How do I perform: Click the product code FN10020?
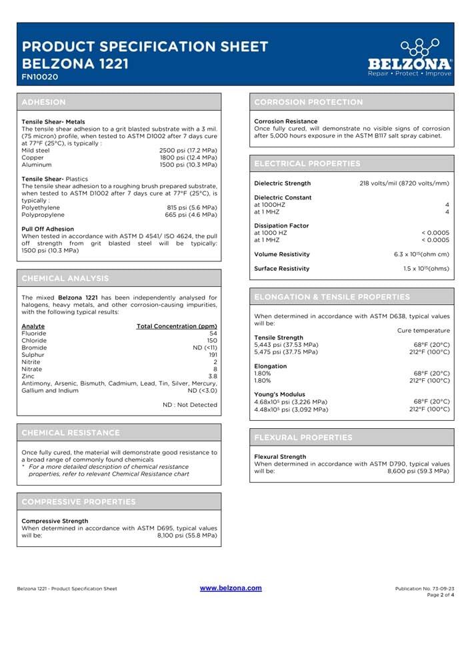coord(40,77)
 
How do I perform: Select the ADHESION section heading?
coord(44,102)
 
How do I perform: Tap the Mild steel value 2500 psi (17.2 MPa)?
coord(188,151)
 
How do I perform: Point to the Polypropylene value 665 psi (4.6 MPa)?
coord(191,215)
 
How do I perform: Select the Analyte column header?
coord(33,326)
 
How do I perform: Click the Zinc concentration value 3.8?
coord(213,376)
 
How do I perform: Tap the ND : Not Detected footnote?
coord(190,405)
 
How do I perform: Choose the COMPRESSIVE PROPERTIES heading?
coord(79,501)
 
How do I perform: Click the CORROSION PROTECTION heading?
coord(309,102)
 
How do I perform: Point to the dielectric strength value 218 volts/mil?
coord(404,183)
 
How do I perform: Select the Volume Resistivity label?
coord(282,254)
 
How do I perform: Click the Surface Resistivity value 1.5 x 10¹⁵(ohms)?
coord(426,269)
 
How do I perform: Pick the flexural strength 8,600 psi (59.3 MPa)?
coord(418,471)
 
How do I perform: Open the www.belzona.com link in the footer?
coord(231,588)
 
